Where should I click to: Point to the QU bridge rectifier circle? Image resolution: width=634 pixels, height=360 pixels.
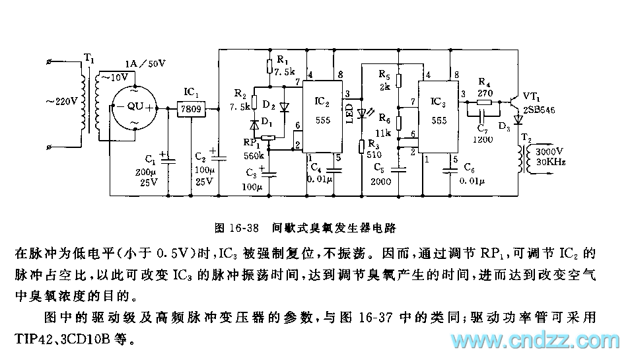pyautogui.click(x=135, y=106)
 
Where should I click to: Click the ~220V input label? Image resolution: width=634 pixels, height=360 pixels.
pyautogui.click(x=61, y=102)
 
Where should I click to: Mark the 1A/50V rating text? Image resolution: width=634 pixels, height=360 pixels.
pyautogui.click(x=145, y=63)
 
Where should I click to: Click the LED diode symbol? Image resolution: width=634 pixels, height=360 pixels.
pyautogui.click(x=361, y=114)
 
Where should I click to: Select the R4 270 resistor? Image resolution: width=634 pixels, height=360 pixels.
pyautogui.click(x=485, y=102)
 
